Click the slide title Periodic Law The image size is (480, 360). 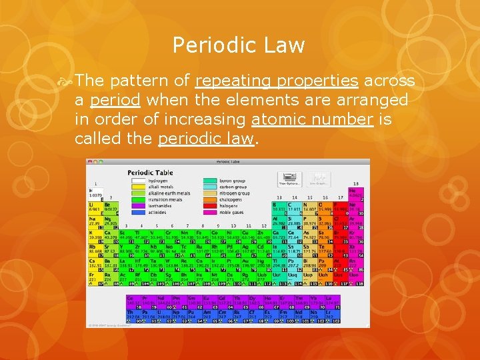coord(239,45)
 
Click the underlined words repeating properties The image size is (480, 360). coord(277,81)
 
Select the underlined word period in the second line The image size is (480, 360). coord(115,101)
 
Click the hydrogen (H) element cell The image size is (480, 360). coord(95,193)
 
